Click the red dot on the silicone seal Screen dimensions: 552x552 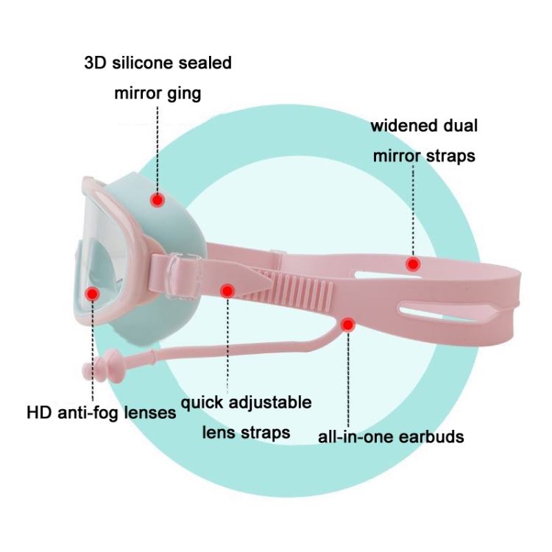click(157, 199)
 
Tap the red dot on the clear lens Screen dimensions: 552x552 click(93, 294)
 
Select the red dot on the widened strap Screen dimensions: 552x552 click(413, 263)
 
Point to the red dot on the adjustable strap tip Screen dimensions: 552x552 click(227, 290)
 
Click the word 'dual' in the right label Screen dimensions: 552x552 click(461, 126)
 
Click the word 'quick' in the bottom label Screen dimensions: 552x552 click(202, 403)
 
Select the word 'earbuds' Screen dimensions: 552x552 click(433, 436)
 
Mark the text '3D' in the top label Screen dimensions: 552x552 click(94, 63)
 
